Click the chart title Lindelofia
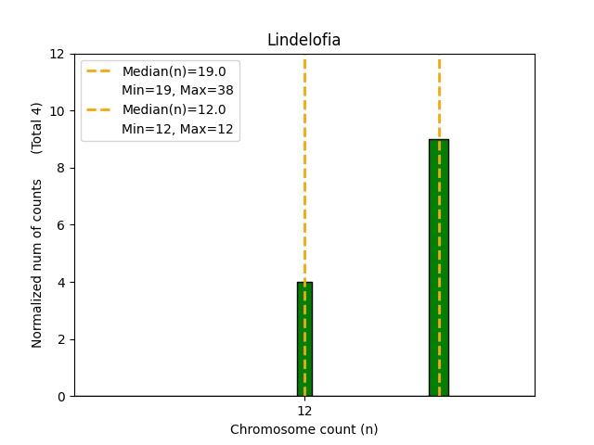point(303,40)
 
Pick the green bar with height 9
point(439,268)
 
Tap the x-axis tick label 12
point(304,411)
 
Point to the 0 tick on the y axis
point(61,397)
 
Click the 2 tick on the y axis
point(61,339)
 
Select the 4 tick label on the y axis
point(61,283)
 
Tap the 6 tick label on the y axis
point(61,225)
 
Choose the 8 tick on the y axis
point(61,168)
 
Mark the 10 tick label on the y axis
point(58,111)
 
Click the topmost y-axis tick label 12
point(58,54)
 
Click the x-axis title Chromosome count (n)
point(303,429)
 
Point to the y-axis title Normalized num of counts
point(37,263)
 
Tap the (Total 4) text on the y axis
point(37,128)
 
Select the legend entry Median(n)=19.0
point(174,71)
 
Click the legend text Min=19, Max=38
point(177,90)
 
